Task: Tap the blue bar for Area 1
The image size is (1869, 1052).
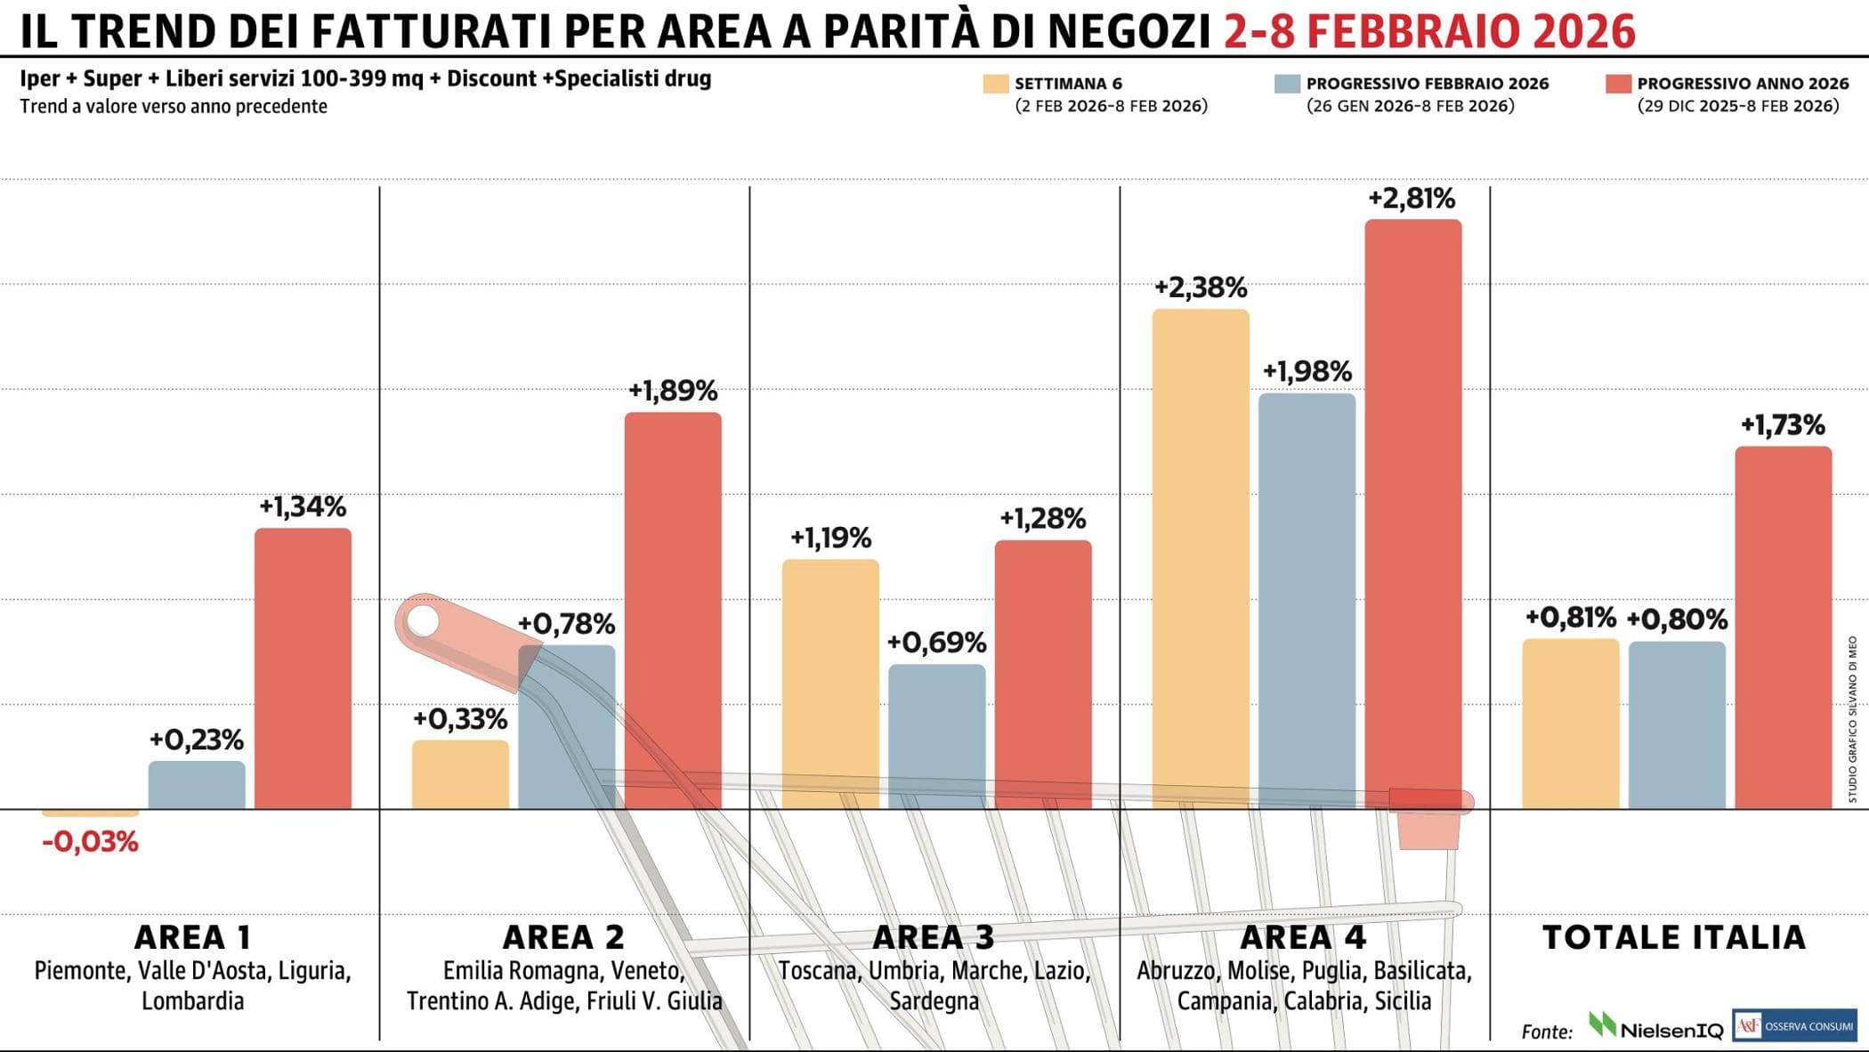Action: coord(197,785)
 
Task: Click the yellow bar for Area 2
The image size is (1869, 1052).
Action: coord(460,774)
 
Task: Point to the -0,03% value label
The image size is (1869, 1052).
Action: coord(90,842)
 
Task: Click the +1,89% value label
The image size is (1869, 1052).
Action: coord(673,391)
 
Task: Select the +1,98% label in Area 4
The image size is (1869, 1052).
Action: coord(1307,371)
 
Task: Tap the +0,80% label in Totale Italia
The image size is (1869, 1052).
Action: coord(1677,619)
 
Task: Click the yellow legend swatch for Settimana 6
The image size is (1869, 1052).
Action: coord(995,84)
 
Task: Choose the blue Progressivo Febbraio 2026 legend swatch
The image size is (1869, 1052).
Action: coord(1287,84)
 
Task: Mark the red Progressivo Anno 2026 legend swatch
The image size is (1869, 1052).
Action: coord(1618,84)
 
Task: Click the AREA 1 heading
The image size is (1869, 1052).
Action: coord(192,937)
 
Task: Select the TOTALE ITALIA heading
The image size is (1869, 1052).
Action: coord(1673,937)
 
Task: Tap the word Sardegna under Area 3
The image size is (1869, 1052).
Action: coord(934,1001)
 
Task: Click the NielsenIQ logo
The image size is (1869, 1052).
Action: coord(1655,1028)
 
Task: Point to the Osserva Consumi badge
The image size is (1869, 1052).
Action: coord(1794,1025)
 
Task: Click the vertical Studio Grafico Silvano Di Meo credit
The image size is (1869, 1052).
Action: coord(1852,719)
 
